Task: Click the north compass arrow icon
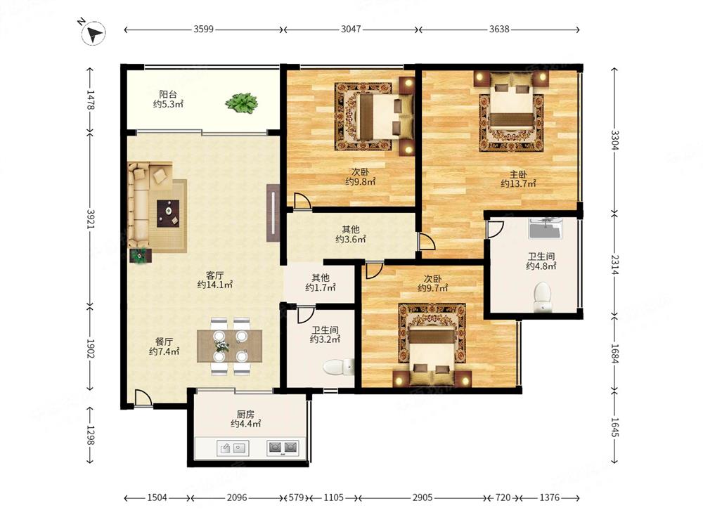(93, 33)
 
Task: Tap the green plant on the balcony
(241, 103)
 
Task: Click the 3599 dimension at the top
(204, 29)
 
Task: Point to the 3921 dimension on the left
(91, 219)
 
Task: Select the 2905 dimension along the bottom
(423, 497)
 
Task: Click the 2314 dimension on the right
(614, 265)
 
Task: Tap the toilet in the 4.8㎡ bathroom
(543, 297)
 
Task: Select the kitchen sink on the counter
(233, 447)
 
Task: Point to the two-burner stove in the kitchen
(283, 447)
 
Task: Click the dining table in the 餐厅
(230, 346)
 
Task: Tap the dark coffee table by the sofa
(168, 214)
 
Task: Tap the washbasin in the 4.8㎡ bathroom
(546, 228)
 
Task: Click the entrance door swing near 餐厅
(143, 398)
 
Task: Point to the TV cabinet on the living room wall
(273, 214)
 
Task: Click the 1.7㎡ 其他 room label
(321, 282)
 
